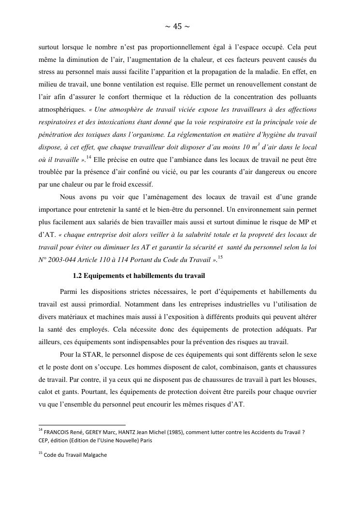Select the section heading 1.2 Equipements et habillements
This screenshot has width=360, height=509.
139,276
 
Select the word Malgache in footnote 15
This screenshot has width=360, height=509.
94,455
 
